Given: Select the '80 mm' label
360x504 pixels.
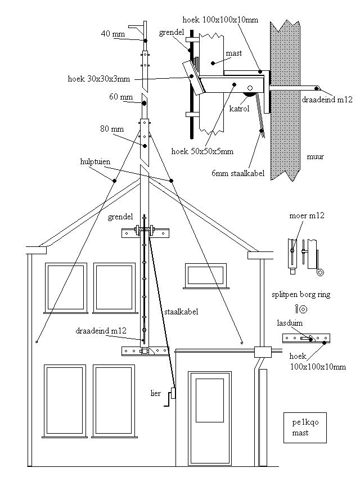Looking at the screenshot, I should tap(112, 129).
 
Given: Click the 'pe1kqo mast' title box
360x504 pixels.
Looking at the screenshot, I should tap(305, 427).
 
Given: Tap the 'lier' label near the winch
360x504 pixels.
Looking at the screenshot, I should tap(156, 393).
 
